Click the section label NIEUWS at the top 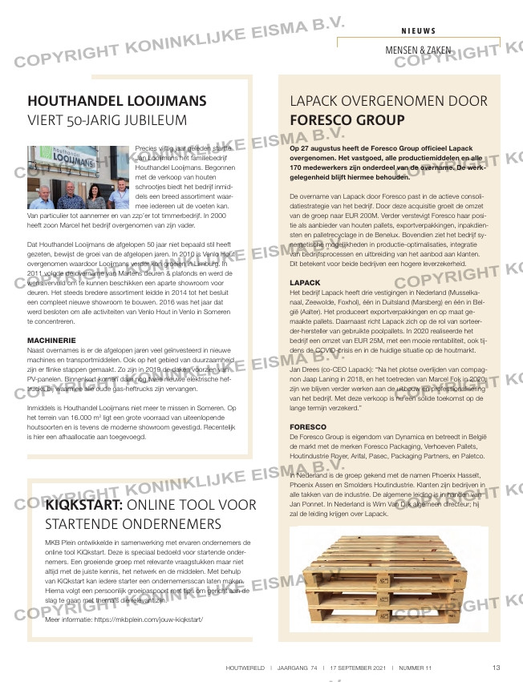419,30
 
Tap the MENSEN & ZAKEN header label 418,50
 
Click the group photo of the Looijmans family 79,178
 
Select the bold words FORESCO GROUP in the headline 347,121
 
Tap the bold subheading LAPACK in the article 305,284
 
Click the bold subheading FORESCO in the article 308,426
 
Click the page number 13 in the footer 497,668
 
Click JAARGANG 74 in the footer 302,668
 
